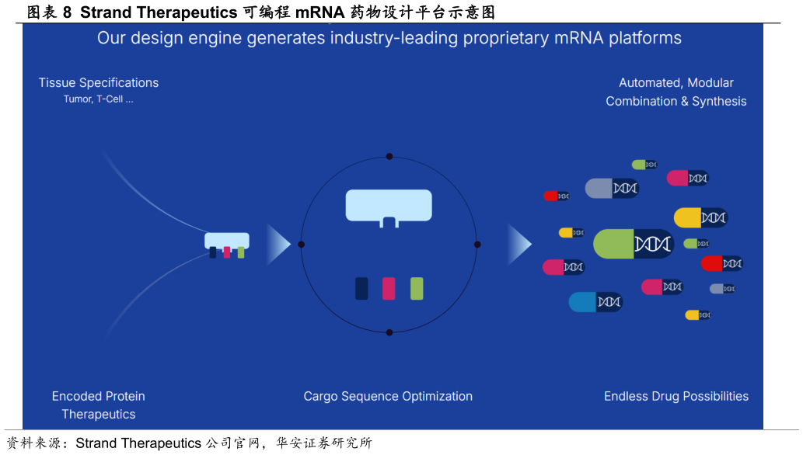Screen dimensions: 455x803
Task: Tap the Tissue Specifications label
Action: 99,82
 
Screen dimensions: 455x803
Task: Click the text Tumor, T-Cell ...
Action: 98,99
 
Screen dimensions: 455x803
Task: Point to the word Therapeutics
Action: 99,414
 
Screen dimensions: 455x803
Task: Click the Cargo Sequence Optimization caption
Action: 388,396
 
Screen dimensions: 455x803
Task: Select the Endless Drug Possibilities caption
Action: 676,396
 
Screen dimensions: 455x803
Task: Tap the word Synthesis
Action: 719,101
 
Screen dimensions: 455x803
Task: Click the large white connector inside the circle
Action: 389,206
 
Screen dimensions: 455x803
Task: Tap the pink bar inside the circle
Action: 389,288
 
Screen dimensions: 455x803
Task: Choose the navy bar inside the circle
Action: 361,288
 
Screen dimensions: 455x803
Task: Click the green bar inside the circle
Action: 417,288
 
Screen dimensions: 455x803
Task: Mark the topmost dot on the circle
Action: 389,156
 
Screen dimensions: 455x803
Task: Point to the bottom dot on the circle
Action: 389,332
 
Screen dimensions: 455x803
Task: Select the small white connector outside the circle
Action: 227,241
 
